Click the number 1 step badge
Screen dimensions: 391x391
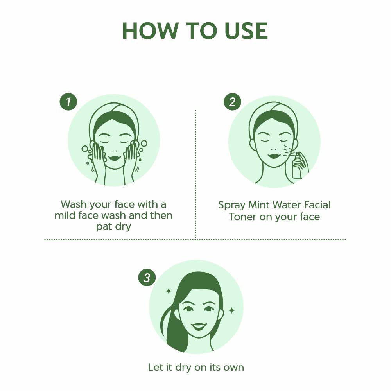tap(68, 102)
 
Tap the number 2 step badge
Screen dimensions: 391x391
tap(232, 102)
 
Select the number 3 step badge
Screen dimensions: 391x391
tap(147, 278)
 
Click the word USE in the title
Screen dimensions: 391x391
tap(246, 31)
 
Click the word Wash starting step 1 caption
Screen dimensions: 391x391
tap(74, 204)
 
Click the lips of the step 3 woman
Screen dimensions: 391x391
tap(199, 326)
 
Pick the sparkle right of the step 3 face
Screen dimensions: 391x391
tap(231, 310)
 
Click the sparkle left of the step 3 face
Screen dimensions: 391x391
tap(169, 291)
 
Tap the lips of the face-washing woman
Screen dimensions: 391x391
tap(115, 158)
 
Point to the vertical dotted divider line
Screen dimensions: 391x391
tap(195, 174)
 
